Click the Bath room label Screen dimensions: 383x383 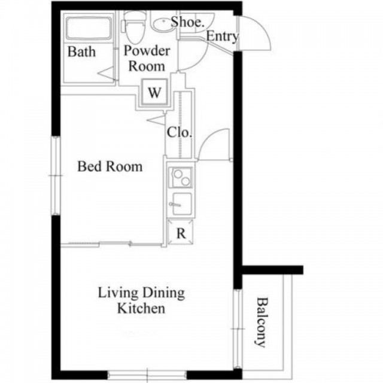(81, 51)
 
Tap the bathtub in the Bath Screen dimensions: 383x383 (89, 28)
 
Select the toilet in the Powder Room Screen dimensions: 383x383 (135, 26)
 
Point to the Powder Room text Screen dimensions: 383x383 (147, 59)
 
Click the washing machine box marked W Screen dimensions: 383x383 (154, 92)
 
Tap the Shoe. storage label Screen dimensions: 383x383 (187, 22)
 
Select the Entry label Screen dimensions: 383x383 (222, 37)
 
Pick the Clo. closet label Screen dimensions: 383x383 (179, 133)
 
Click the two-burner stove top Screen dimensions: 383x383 (181, 178)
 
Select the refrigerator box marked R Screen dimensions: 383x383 (180, 232)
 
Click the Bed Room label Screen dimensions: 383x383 (110, 166)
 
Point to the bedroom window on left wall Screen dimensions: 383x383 (56, 175)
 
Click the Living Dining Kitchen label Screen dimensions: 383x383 (141, 300)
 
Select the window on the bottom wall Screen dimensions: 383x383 (147, 375)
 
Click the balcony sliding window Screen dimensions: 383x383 (237, 329)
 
